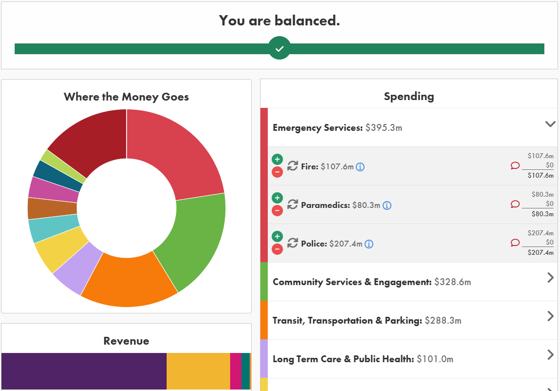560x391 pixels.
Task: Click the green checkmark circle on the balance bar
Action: point(280,48)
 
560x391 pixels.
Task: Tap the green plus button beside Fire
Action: point(277,159)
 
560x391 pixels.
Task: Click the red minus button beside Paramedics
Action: point(277,211)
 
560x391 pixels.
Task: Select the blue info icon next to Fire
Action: point(360,167)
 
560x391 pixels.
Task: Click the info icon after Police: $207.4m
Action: point(369,244)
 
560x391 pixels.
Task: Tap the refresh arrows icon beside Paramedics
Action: point(292,205)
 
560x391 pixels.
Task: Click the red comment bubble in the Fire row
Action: point(515,166)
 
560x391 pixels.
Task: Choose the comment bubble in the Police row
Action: point(515,243)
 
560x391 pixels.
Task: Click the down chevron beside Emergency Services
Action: point(550,124)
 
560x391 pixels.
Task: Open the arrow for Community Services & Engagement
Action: point(551,278)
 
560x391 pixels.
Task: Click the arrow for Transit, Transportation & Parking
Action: point(551,316)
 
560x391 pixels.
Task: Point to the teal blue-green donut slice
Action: point(54,230)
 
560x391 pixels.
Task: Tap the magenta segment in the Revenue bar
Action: point(235,371)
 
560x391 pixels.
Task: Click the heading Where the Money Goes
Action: point(126,97)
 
